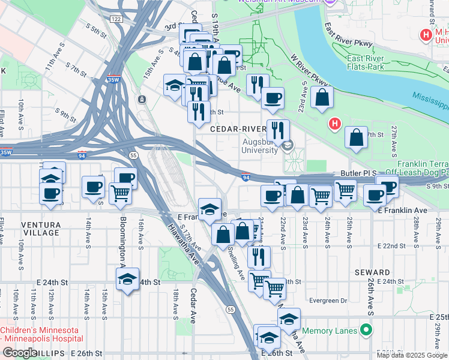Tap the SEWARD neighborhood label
372,272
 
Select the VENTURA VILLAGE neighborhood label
41,228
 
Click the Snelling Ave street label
236,266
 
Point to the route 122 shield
116,19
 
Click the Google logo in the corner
19,353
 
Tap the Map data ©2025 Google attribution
412,355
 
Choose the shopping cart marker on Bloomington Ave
120,193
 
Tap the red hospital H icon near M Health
426,35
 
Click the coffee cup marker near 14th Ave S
92,186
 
